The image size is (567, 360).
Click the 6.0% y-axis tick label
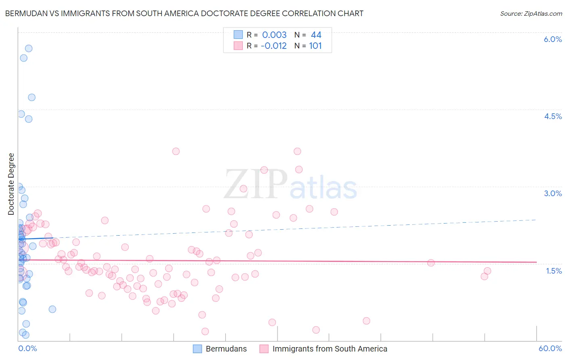(x=552, y=39)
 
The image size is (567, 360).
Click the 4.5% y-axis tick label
(x=552, y=116)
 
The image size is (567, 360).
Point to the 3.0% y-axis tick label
(x=552, y=193)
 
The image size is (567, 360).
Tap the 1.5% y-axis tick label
(x=554, y=271)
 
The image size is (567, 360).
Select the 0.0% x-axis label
(x=27, y=348)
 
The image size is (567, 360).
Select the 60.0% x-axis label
(x=550, y=348)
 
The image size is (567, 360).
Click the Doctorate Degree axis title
(x=11, y=184)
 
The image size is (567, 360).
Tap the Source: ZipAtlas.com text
(x=531, y=13)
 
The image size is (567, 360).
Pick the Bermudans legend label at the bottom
(x=226, y=349)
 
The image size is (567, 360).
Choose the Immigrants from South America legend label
(x=329, y=349)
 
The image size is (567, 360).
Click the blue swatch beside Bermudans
(x=197, y=349)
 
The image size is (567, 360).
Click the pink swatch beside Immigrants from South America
(x=264, y=349)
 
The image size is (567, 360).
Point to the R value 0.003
(x=274, y=35)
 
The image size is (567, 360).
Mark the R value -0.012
(x=273, y=46)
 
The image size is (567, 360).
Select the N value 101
(x=315, y=46)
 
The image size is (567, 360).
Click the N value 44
(x=316, y=35)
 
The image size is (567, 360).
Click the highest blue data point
(x=29, y=48)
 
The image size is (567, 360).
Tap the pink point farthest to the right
(x=487, y=271)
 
